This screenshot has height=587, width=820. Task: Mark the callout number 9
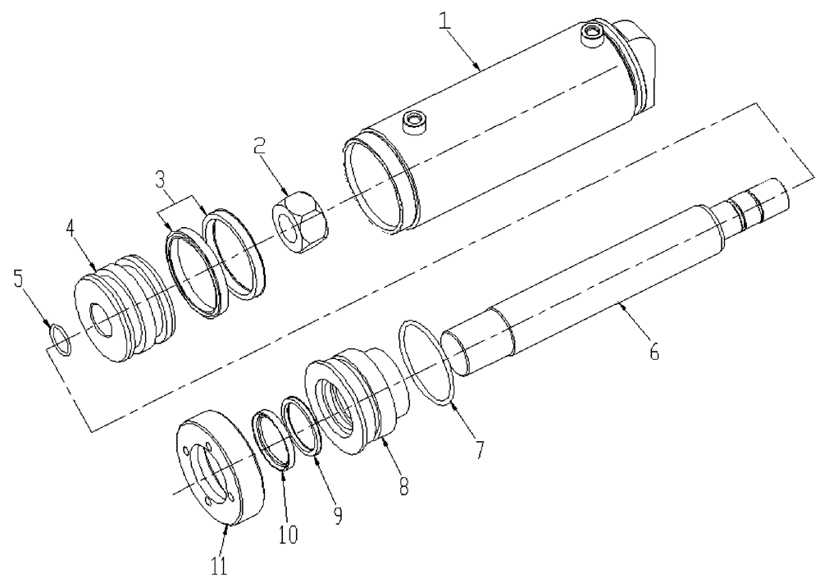pos(338,515)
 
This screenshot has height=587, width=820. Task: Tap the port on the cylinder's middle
pos(416,124)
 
